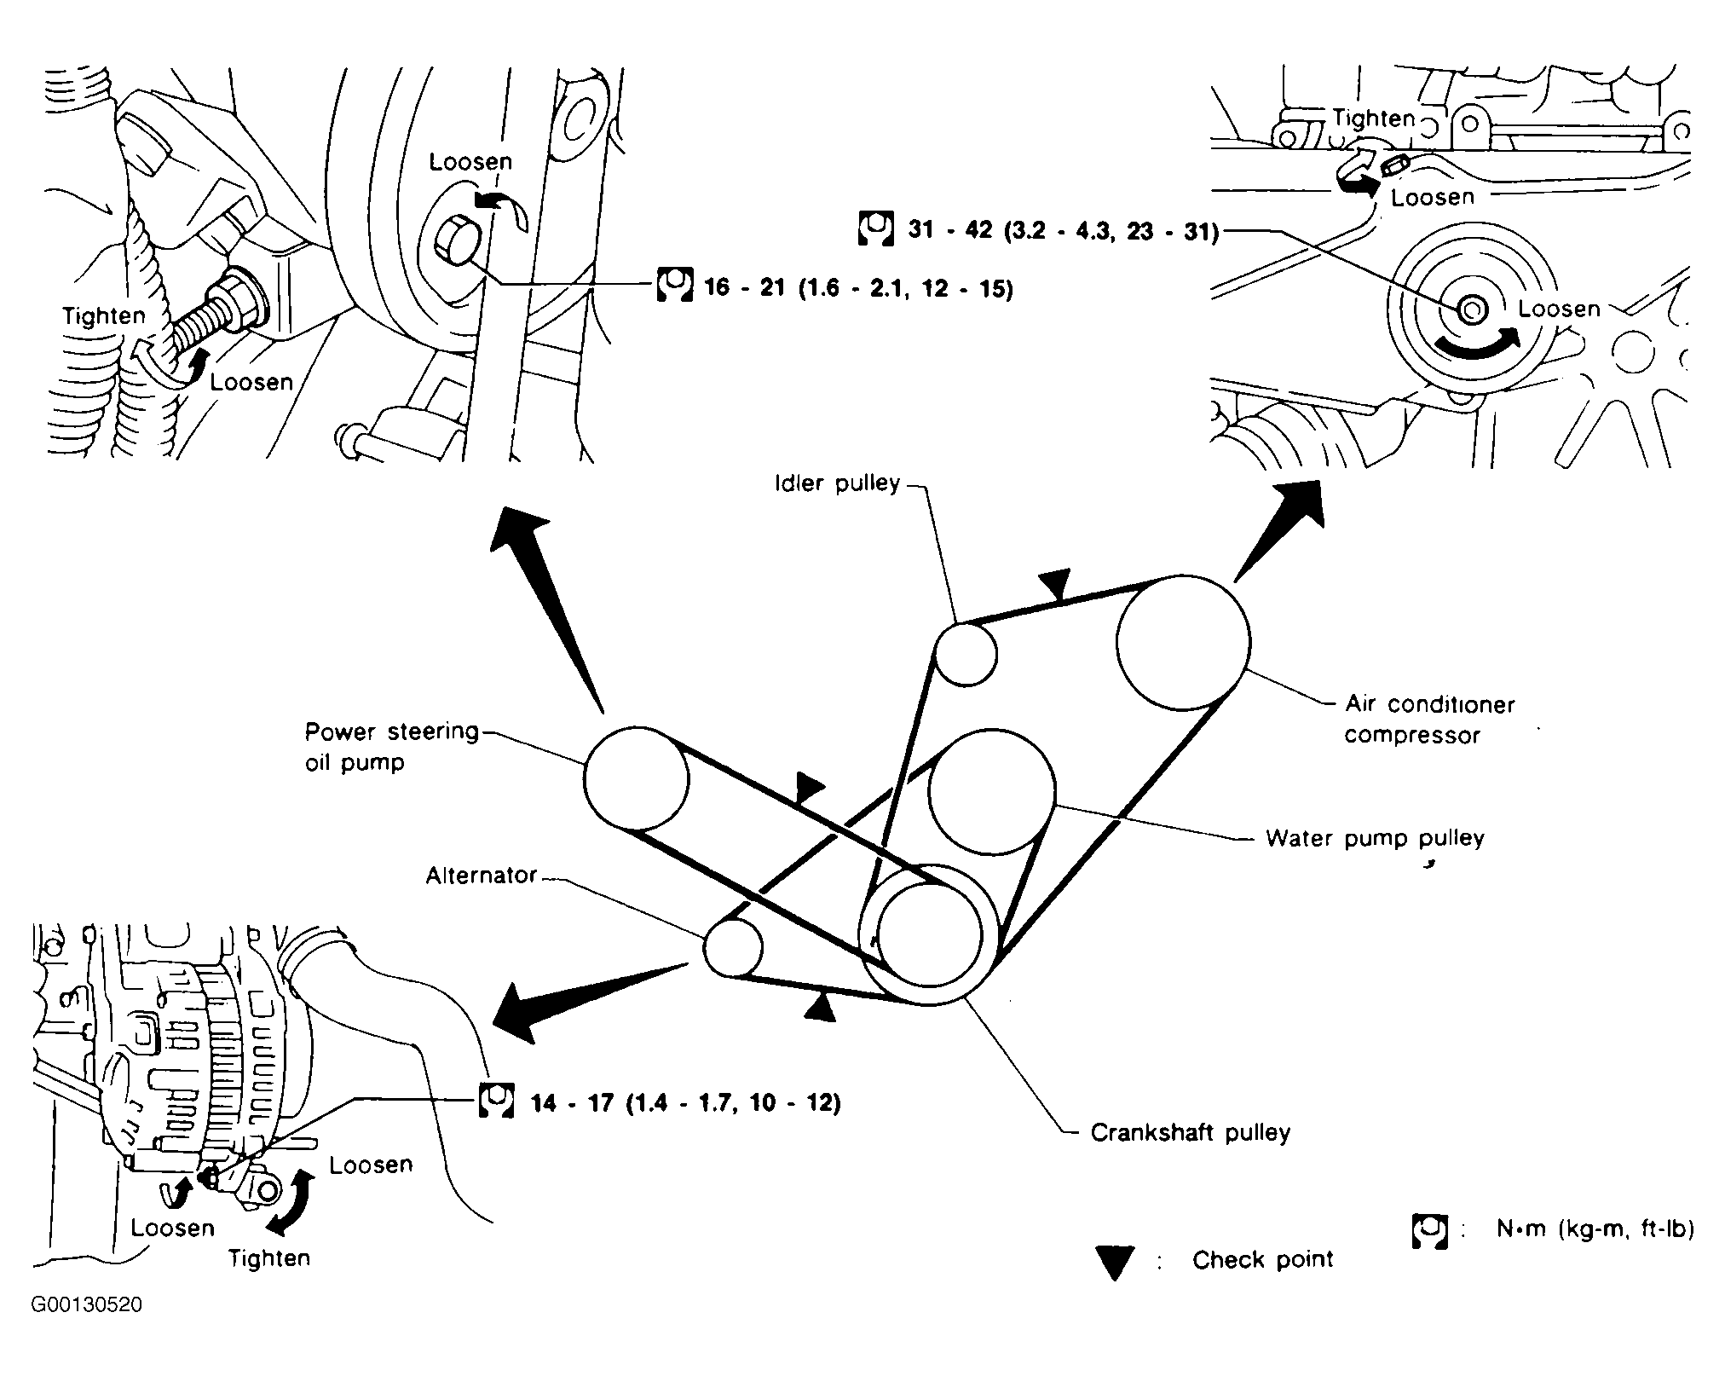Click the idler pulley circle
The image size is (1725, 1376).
(x=966, y=654)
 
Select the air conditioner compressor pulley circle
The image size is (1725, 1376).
(x=1183, y=642)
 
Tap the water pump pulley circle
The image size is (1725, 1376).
(x=992, y=792)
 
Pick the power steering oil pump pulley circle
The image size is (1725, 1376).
(x=636, y=778)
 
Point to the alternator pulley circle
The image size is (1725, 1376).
(x=733, y=947)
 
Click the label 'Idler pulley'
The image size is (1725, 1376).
(x=837, y=483)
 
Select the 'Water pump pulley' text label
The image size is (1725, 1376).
(x=1375, y=838)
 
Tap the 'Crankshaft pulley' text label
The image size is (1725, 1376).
(x=1191, y=1132)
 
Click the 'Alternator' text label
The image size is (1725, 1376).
(x=482, y=876)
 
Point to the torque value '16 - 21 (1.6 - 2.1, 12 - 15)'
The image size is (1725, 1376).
(x=858, y=288)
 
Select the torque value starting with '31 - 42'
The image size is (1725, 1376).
(x=1063, y=230)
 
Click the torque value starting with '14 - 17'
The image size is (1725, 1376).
(x=685, y=1102)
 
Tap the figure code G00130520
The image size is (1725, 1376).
(x=87, y=1305)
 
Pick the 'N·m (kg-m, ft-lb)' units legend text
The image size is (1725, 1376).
(x=1595, y=1229)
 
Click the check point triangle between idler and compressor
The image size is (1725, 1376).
(x=1057, y=586)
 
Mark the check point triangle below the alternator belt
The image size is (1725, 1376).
(x=820, y=1007)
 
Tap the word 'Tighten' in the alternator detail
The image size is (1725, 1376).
(x=269, y=1257)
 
